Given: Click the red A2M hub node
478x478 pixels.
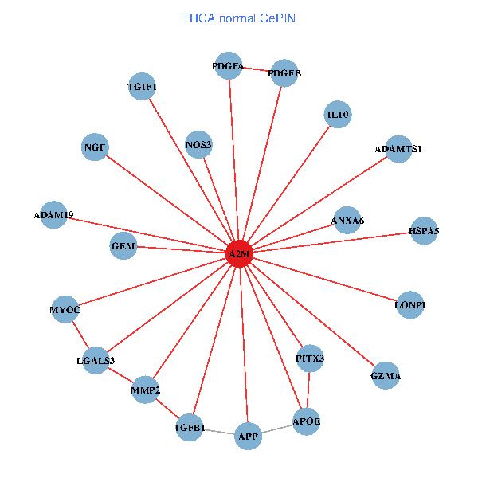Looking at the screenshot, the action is click(240, 254).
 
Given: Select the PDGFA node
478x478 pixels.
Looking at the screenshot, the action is click(229, 67).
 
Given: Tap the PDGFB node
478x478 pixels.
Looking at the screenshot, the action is click(284, 74).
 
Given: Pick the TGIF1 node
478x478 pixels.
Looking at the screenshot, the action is click(143, 86).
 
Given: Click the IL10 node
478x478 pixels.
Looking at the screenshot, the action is click(338, 116).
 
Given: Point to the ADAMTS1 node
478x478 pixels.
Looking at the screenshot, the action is click(398, 149).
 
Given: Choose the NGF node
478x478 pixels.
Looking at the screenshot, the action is click(95, 147).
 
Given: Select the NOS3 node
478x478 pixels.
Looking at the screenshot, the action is click(198, 145).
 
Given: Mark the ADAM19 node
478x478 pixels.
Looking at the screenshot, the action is click(53, 215).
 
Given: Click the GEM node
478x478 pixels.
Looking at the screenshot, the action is click(123, 247).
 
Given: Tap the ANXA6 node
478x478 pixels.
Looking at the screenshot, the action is click(347, 220).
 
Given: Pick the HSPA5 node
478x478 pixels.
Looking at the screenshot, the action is click(423, 231).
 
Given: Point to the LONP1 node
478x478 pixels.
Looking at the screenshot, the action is click(409, 305).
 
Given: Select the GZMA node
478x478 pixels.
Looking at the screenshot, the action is click(386, 375).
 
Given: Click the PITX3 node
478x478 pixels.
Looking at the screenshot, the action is click(310, 358).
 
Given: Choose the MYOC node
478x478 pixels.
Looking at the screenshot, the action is click(65, 309).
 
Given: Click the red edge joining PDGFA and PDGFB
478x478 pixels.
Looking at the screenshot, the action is click(257, 70).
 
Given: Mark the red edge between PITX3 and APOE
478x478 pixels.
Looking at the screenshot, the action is click(308, 390).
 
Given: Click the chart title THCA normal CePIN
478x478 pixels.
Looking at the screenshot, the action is click(239, 18).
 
